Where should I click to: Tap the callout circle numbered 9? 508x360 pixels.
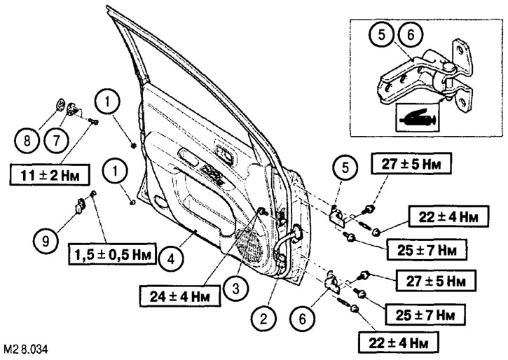coord(46,242)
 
